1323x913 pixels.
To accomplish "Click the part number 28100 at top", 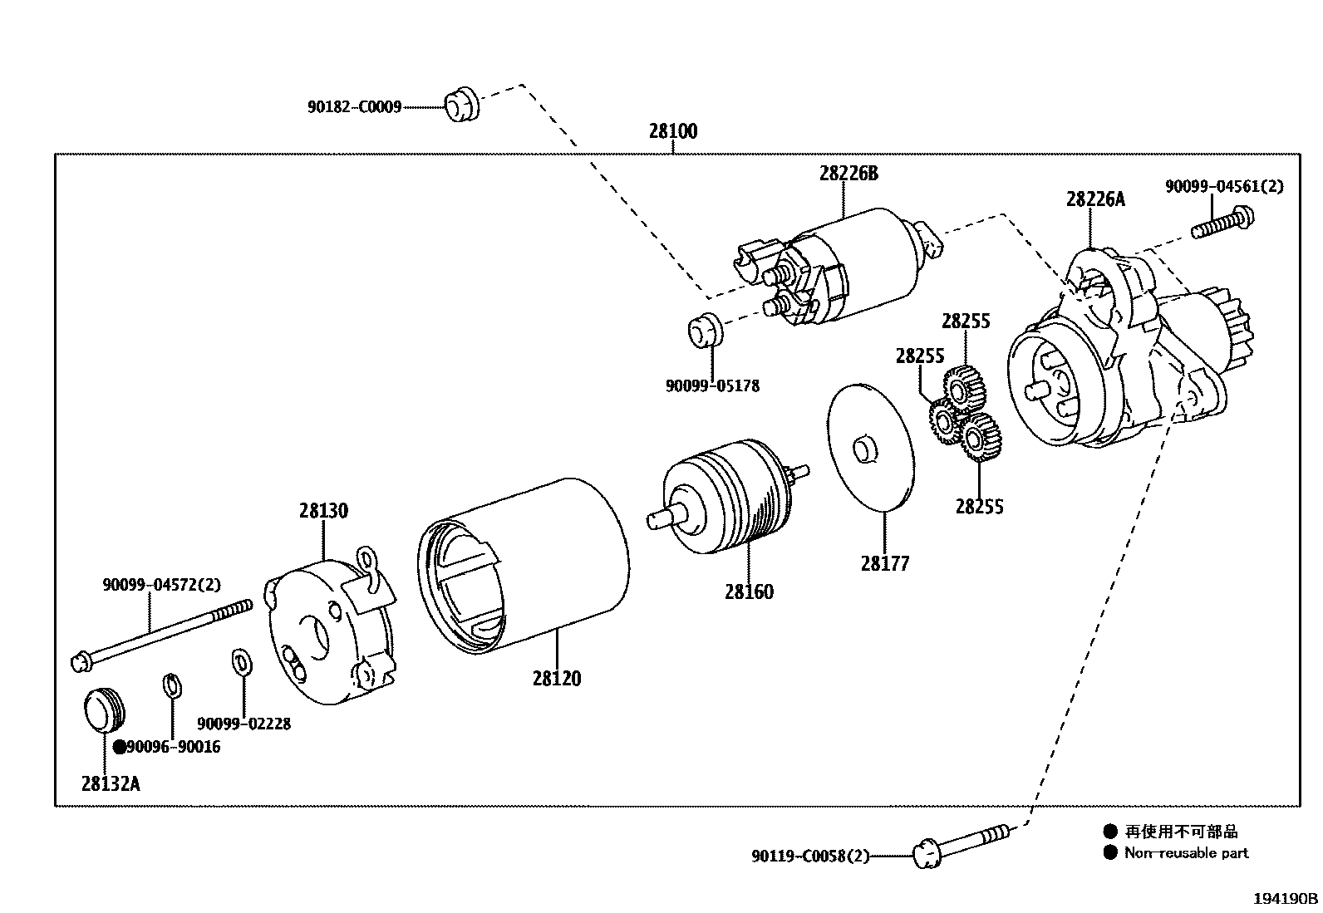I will [673, 131].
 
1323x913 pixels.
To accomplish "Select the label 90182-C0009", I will [355, 107].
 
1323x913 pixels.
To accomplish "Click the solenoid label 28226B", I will [848, 174].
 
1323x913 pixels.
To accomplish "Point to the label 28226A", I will [1095, 199].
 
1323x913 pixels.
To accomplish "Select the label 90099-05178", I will [712, 386].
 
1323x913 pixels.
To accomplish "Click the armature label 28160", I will [749, 591].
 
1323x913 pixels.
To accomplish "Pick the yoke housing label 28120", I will [557, 679].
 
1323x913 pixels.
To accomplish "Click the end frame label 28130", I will [324, 510].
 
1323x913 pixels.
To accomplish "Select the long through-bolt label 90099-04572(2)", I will [162, 585].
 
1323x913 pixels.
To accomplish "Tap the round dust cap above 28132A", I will [104, 709].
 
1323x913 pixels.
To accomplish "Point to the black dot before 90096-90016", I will [120, 747].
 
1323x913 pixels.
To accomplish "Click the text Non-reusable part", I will [1186, 853].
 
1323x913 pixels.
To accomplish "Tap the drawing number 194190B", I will [1286, 899].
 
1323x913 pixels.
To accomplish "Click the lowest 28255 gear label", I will [979, 507].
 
